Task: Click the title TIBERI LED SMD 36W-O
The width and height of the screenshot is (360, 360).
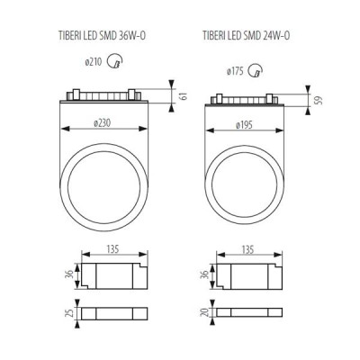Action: pyautogui.click(x=102, y=36)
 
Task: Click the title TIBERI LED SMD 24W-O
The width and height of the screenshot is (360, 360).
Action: pyautogui.click(x=246, y=36)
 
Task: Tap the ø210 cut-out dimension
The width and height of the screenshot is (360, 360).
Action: pyautogui.click(x=94, y=62)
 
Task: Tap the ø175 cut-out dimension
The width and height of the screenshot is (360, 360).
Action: pyautogui.click(x=235, y=72)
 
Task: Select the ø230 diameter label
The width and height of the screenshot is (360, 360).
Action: pyautogui.click(x=102, y=123)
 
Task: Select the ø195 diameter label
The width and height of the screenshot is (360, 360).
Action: pyautogui.click(x=244, y=125)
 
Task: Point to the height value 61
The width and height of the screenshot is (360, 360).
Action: pyautogui.click(x=184, y=96)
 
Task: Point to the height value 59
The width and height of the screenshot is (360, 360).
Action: pyautogui.click(x=320, y=100)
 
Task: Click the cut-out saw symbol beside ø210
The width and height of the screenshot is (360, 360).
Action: pyautogui.click(x=115, y=61)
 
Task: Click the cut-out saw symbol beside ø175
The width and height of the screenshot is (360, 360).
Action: pyautogui.click(x=256, y=71)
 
